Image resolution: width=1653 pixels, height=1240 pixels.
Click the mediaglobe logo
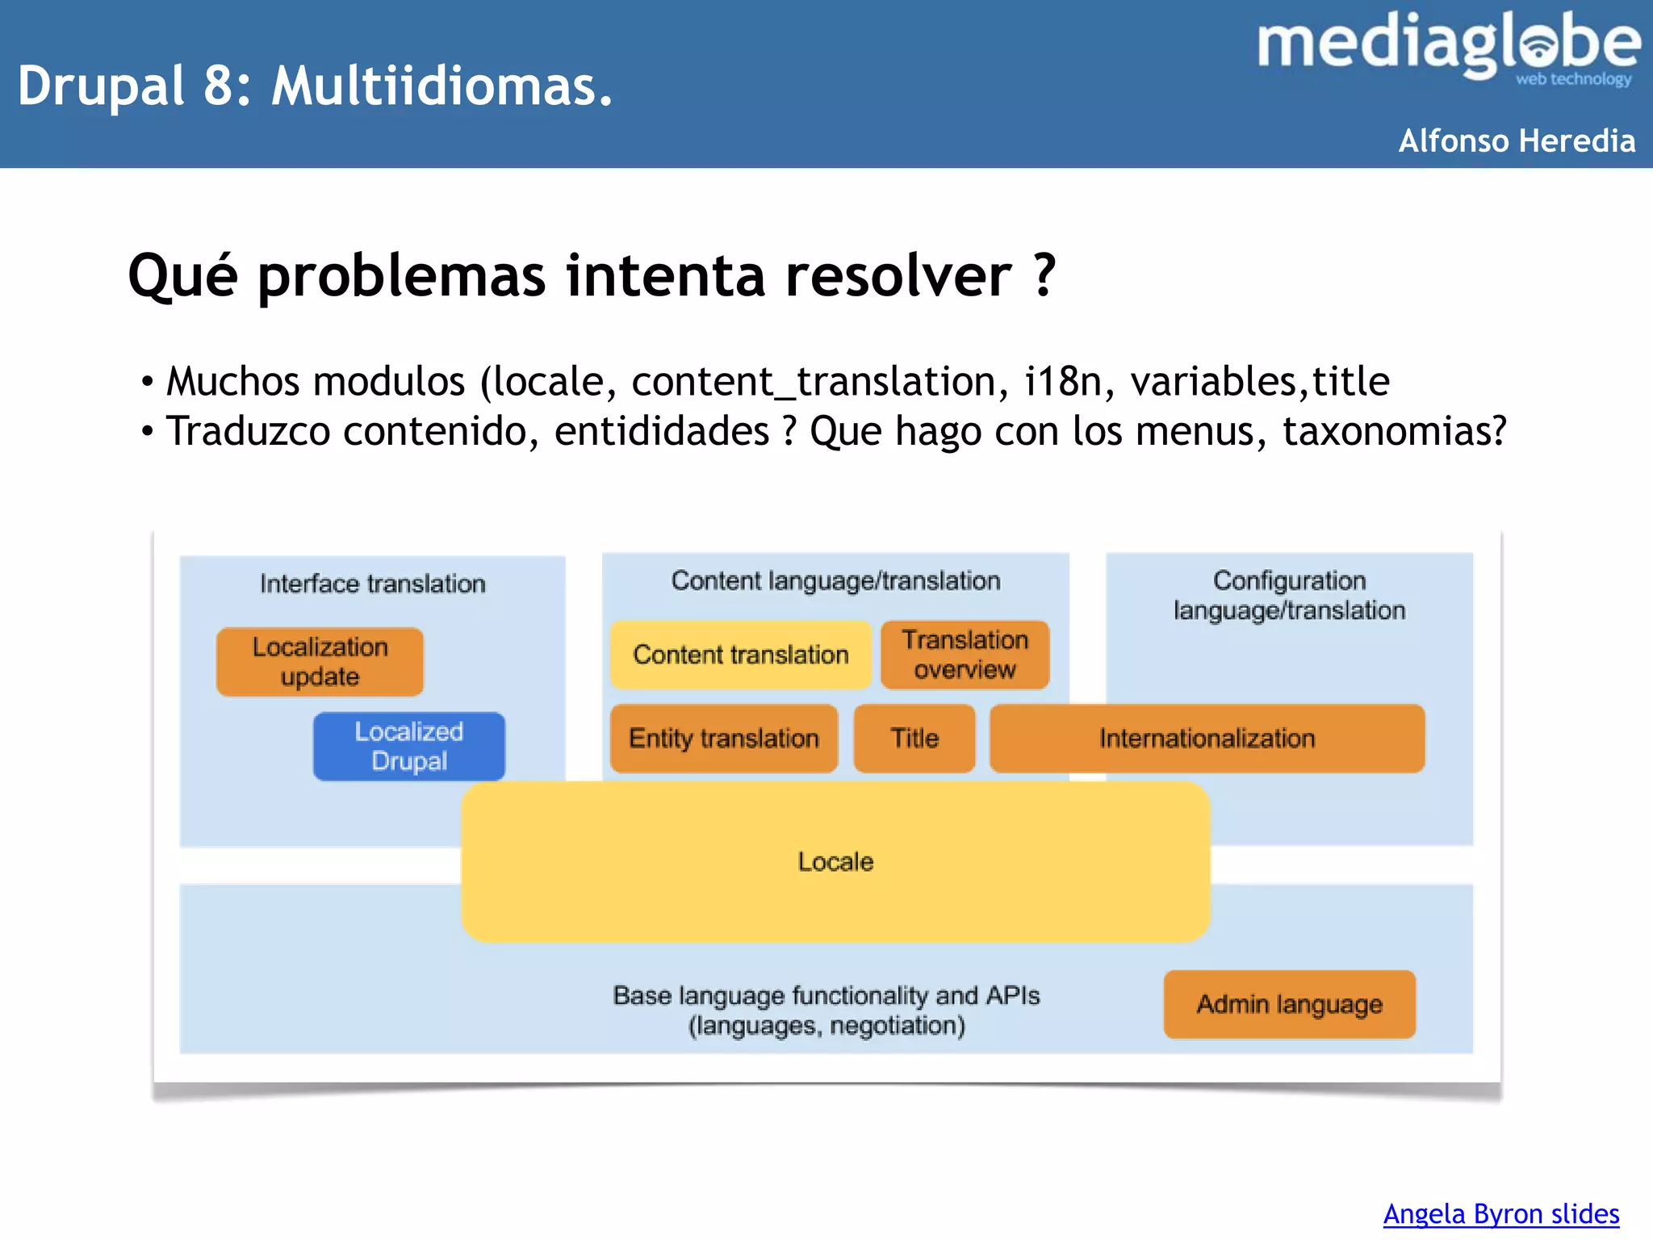[1448, 47]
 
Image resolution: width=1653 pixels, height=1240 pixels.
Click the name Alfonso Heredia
[1517, 140]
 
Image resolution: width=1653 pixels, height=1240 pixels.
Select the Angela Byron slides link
[1500, 1213]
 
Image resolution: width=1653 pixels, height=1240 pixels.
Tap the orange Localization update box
[320, 662]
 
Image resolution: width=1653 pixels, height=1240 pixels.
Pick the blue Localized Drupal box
[409, 746]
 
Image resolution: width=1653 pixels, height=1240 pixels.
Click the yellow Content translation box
[740, 655]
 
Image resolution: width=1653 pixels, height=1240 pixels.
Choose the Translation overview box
[965, 655]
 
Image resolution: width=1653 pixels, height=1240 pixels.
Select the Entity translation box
[724, 739]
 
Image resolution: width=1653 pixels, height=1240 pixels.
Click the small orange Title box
[914, 739]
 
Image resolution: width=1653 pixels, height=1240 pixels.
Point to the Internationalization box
[1207, 739]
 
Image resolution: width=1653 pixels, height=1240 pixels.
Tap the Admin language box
[1289, 1004]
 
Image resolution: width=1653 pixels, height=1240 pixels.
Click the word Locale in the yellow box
[835, 862]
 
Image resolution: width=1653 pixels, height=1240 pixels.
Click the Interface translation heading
[372, 584]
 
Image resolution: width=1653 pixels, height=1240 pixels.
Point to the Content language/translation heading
[835, 580]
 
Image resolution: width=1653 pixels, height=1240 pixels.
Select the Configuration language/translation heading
[1289, 595]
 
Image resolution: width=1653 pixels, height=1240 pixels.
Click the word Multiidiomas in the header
[441, 86]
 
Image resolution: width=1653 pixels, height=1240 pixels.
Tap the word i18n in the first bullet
[1063, 381]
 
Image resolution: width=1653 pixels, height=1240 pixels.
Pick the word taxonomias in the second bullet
[1393, 431]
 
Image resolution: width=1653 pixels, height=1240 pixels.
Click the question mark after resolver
[1044, 275]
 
